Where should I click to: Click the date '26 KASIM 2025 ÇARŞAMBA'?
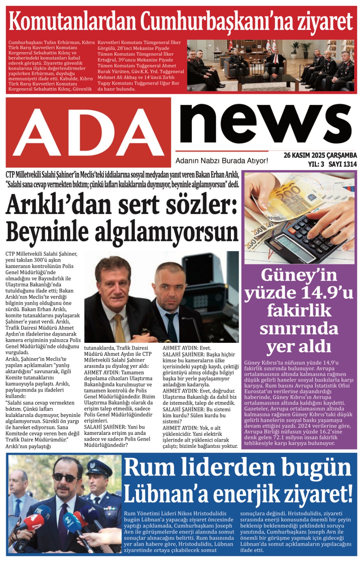click(x=320, y=155)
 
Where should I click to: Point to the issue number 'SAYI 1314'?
click(x=343, y=164)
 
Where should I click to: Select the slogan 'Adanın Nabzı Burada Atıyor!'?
click(x=222, y=161)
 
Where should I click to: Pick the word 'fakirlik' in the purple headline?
click(x=299, y=311)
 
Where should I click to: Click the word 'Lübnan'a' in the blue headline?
click(x=165, y=495)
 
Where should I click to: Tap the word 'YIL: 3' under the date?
click(x=316, y=164)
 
